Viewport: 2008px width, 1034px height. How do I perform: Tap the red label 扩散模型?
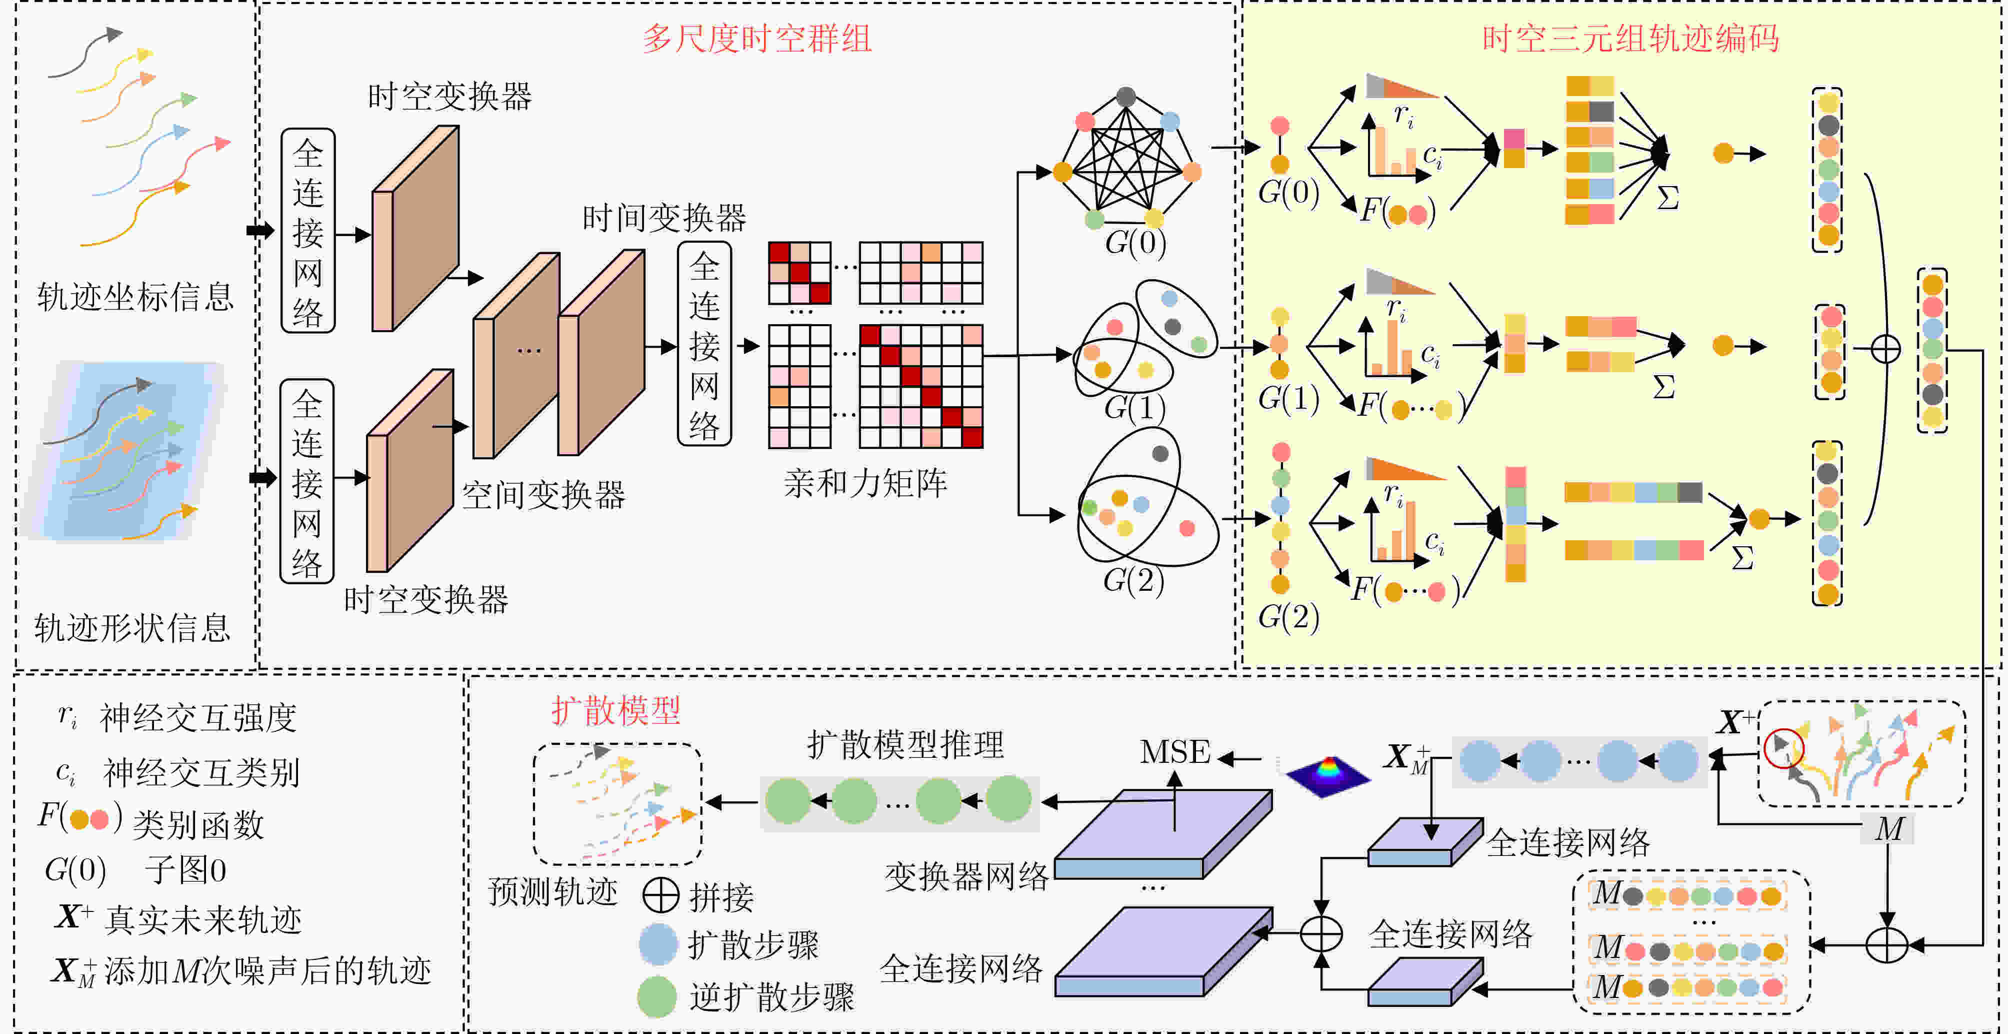tap(616, 710)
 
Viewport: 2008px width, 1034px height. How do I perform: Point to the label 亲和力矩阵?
tap(865, 483)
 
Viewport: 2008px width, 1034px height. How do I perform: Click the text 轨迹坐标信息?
tap(135, 296)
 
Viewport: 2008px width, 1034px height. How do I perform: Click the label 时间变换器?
tap(664, 218)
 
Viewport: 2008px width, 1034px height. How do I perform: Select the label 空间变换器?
tap(543, 494)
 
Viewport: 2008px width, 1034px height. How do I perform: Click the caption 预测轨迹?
tap(552, 891)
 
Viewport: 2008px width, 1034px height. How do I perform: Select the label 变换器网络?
tap(966, 876)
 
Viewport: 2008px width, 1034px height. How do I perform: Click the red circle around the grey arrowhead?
tap(1784, 748)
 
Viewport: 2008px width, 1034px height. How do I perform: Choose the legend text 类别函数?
tap(198, 824)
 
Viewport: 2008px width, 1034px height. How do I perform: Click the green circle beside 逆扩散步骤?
tap(657, 996)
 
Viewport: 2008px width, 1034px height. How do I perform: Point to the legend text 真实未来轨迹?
tap(202, 920)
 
